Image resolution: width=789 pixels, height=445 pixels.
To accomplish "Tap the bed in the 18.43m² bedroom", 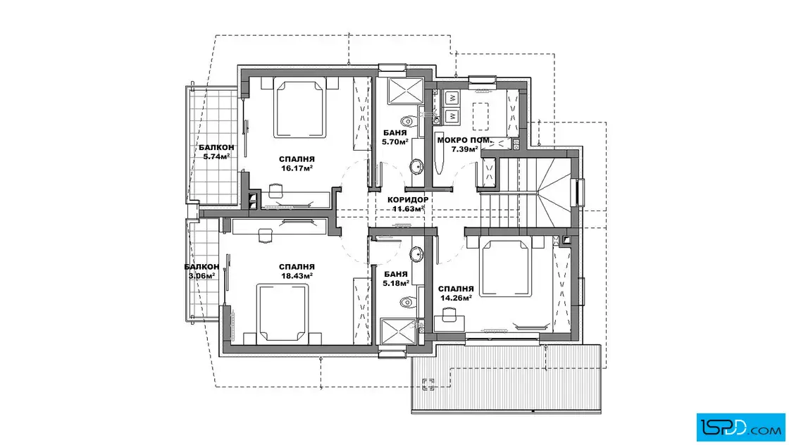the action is click(x=282, y=313).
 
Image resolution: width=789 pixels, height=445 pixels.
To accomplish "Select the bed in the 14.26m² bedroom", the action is click(x=506, y=268).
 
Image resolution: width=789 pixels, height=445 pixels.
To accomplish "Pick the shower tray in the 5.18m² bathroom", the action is click(x=399, y=332).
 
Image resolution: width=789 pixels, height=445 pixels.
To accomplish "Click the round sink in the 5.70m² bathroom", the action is click(x=416, y=165).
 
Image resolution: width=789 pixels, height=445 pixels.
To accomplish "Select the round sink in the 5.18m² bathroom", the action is click(x=417, y=254).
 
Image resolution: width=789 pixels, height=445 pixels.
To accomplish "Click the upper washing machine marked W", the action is click(x=452, y=97).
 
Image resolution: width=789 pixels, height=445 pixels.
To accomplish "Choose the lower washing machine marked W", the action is click(x=452, y=115).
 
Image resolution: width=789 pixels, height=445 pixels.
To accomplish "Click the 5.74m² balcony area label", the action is click(x=216, y=156).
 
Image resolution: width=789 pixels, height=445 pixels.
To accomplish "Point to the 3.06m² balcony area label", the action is click(x=201, y=275).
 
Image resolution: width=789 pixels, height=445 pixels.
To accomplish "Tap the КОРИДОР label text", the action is click(x=408, y=200).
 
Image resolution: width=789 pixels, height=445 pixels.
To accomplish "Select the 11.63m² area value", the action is click(x=408, y=208).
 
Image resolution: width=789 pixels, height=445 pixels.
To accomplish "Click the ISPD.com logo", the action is click(x=740, y=427).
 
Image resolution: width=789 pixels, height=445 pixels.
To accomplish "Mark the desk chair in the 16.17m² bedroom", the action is click(x=275, y=190).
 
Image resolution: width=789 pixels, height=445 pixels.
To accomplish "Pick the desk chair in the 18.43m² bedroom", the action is click(x=265, y=234).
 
